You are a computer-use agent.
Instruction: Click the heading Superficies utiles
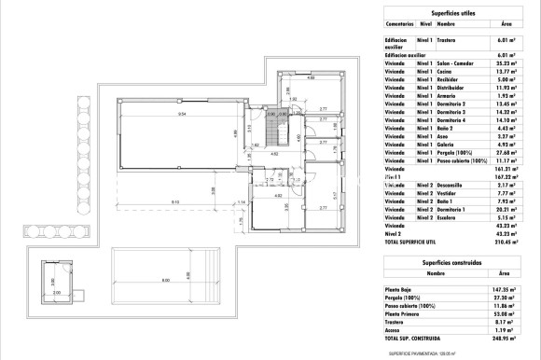tap(447, 10)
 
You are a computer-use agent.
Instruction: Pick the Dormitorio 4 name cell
tap(451, 119)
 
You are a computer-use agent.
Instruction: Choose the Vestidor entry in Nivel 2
tap(447, 193)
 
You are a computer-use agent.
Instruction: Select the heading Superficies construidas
tap(447, 264)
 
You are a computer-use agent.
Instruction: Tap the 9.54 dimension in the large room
tap(182, 113)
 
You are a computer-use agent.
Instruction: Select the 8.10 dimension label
tap(174, 202)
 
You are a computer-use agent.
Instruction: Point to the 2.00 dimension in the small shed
tap(55, 292)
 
